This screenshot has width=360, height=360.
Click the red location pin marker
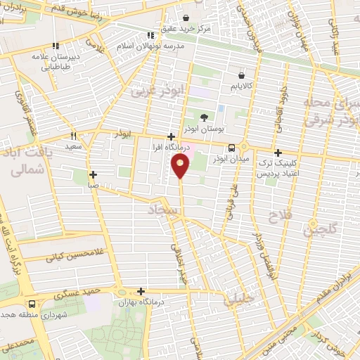[181, 166]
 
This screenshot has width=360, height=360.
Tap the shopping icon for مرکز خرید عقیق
[186, 18]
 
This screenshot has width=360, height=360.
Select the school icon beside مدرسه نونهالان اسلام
[150, 35]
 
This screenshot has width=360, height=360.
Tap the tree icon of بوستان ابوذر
[204, 117]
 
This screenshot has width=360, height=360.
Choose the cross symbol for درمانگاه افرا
[172, 137]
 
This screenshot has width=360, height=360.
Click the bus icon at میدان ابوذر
[232, 147]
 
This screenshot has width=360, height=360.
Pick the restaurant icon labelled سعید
[72, 136]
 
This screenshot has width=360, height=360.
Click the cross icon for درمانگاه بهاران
[141, 291]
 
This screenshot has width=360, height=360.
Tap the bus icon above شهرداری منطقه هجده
[32, 304]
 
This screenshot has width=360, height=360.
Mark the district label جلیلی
[239, 300]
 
